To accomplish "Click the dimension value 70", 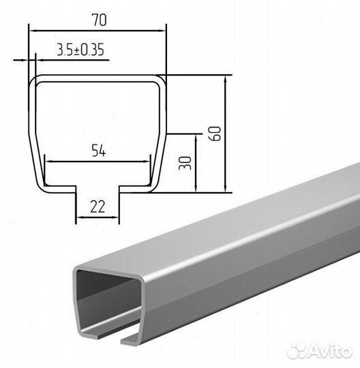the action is point(99,20).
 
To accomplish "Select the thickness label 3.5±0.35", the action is point(80,50).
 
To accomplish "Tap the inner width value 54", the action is point(99,151).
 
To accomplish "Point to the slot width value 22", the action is point(97,206).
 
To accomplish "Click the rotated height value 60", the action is point(215,134).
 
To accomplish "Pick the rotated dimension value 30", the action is point(185,163).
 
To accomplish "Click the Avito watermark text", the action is point(331,351).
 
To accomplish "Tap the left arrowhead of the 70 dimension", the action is point(32,31).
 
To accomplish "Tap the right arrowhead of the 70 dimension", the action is point(162,31).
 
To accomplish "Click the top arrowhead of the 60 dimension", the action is point(225,79).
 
